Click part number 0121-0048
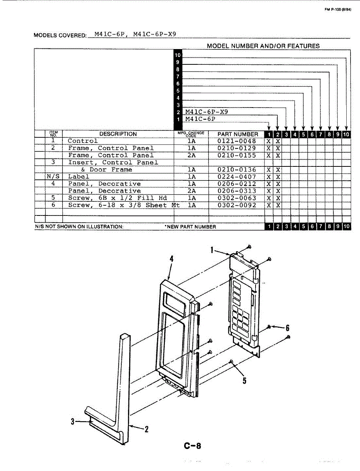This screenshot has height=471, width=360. point(236,141)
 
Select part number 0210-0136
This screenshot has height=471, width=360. point(236,170)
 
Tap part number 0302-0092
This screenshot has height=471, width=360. point(236,205)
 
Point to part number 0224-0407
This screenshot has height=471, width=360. point(236,177)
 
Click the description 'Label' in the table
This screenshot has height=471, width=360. point(79,177)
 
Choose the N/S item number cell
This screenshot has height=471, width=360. point(53,177)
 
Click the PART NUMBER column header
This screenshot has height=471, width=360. point(238,134)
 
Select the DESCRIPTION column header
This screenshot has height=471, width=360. point(118,134)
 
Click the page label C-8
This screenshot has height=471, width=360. point(192,446)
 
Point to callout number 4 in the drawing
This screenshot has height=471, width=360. point(172,259)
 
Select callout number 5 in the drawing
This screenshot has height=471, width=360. point(244,380)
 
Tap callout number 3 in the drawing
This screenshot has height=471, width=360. point(73,422)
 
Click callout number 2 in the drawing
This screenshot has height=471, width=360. point(146,429)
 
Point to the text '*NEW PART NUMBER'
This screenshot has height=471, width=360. point(190,227)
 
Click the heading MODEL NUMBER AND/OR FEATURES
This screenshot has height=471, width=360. point(263,46)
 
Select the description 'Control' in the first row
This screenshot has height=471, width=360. point(82,141)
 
